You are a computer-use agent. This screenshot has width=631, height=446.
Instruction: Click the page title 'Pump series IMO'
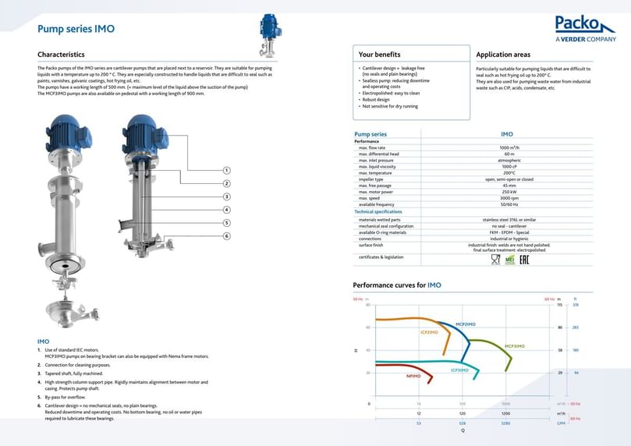point(76,29)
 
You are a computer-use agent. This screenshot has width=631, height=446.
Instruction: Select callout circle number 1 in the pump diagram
point(226,170)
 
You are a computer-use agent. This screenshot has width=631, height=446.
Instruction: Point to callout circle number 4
point(226,210)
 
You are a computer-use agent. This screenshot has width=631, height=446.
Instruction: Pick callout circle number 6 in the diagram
point(226,235)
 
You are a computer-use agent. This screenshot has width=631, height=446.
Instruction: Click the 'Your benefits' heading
point(379,55)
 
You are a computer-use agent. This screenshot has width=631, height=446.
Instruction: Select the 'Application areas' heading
point(503,55)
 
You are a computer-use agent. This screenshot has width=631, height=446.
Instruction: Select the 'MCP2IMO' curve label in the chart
point(465,324)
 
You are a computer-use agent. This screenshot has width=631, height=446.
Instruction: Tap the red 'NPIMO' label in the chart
point(413,377)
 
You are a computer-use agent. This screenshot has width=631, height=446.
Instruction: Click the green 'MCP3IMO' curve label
point(514,345)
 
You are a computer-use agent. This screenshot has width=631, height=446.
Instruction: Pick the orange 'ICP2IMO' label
point(429,332)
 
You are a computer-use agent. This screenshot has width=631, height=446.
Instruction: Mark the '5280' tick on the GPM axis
point(505,423)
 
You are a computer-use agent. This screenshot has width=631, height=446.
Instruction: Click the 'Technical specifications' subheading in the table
point(378,211)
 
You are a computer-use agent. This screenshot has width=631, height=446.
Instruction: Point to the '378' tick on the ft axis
point(576,305)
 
